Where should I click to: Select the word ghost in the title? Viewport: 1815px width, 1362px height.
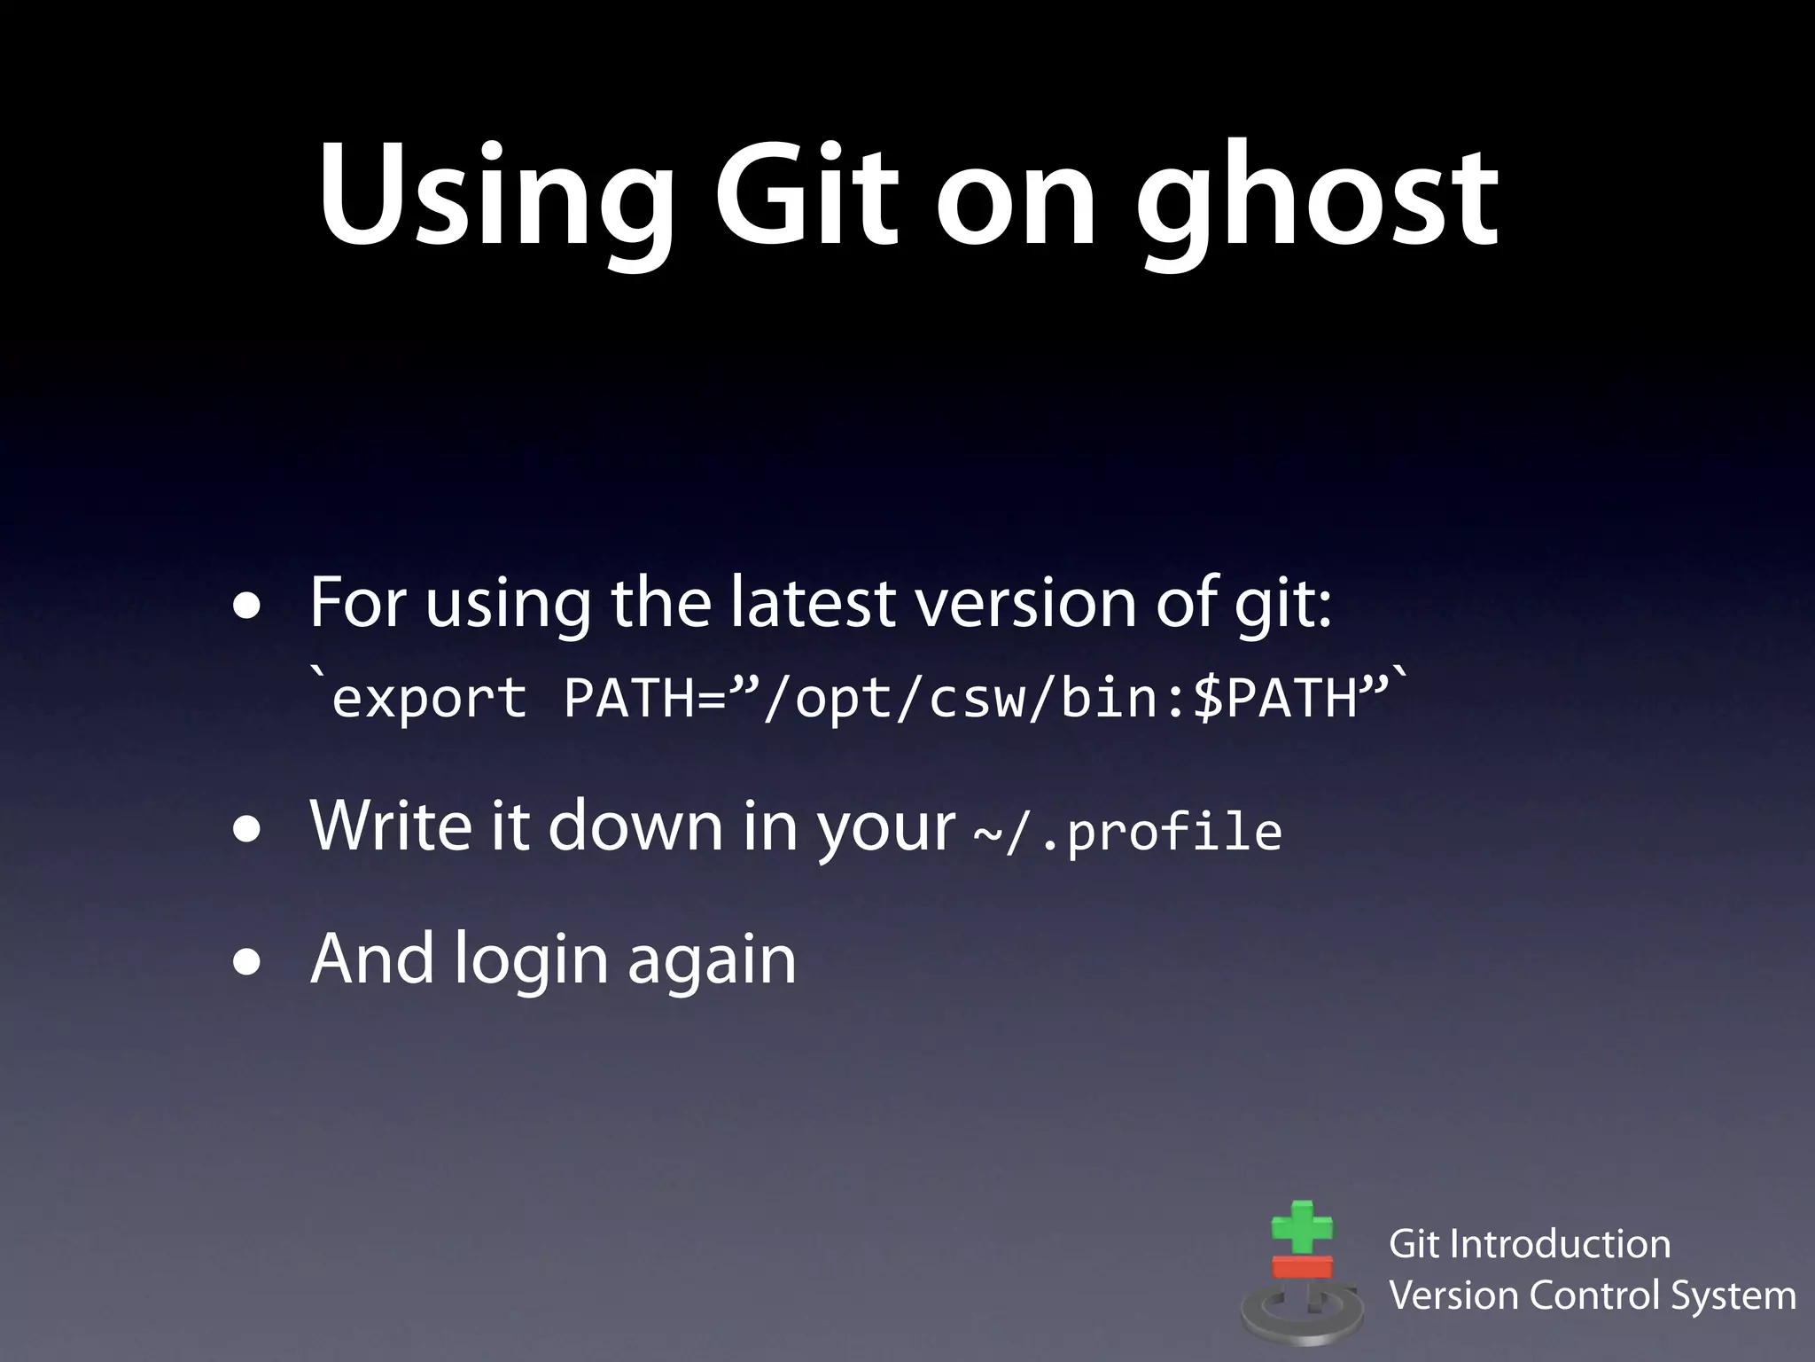point(1317,200)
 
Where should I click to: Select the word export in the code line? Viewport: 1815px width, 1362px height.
point(430,699)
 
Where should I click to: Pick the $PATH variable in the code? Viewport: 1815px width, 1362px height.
point(1276,699)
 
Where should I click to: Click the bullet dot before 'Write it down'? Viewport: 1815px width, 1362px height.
point(247,830)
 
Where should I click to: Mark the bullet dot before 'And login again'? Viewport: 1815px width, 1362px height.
point(247,963)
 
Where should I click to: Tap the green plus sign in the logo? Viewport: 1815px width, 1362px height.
point(1301,1228)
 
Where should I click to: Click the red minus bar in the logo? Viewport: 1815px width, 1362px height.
point(1302,1266)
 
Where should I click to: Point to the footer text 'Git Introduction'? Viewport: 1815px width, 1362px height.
point(1530,1244)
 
